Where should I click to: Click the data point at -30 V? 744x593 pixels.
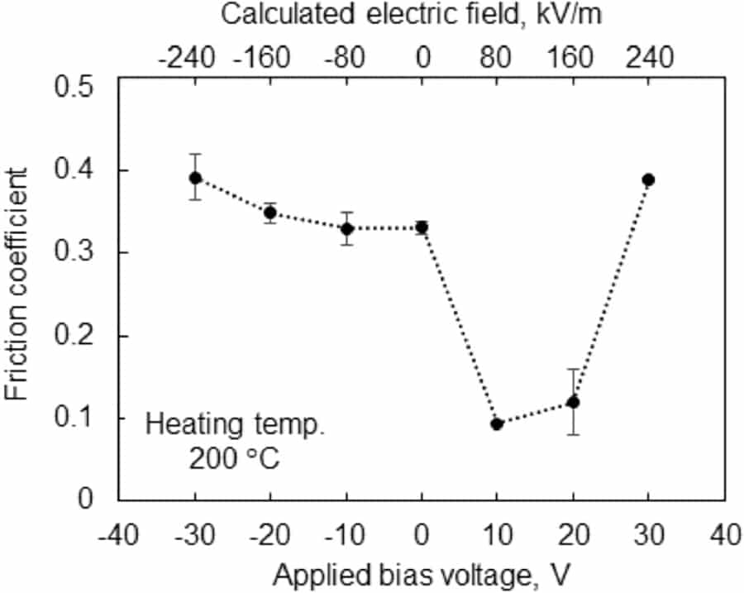click(195, 178)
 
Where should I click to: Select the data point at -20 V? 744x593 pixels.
click(270, 213)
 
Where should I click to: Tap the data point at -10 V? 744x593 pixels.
click(347, 228)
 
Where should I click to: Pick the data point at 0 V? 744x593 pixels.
click(422, 227)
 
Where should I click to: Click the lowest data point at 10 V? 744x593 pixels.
click(497, 423)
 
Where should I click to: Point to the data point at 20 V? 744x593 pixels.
click(573, 402)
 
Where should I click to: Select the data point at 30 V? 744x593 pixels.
click(648, 179)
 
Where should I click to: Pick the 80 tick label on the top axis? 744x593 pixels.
click(498, 58)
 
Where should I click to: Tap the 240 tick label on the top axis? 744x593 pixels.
click(649, 58)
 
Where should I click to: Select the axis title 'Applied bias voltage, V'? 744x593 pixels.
click(422, 574)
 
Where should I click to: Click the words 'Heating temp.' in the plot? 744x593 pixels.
click(233, 425)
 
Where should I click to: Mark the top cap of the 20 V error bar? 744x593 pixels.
click(573, 369)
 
